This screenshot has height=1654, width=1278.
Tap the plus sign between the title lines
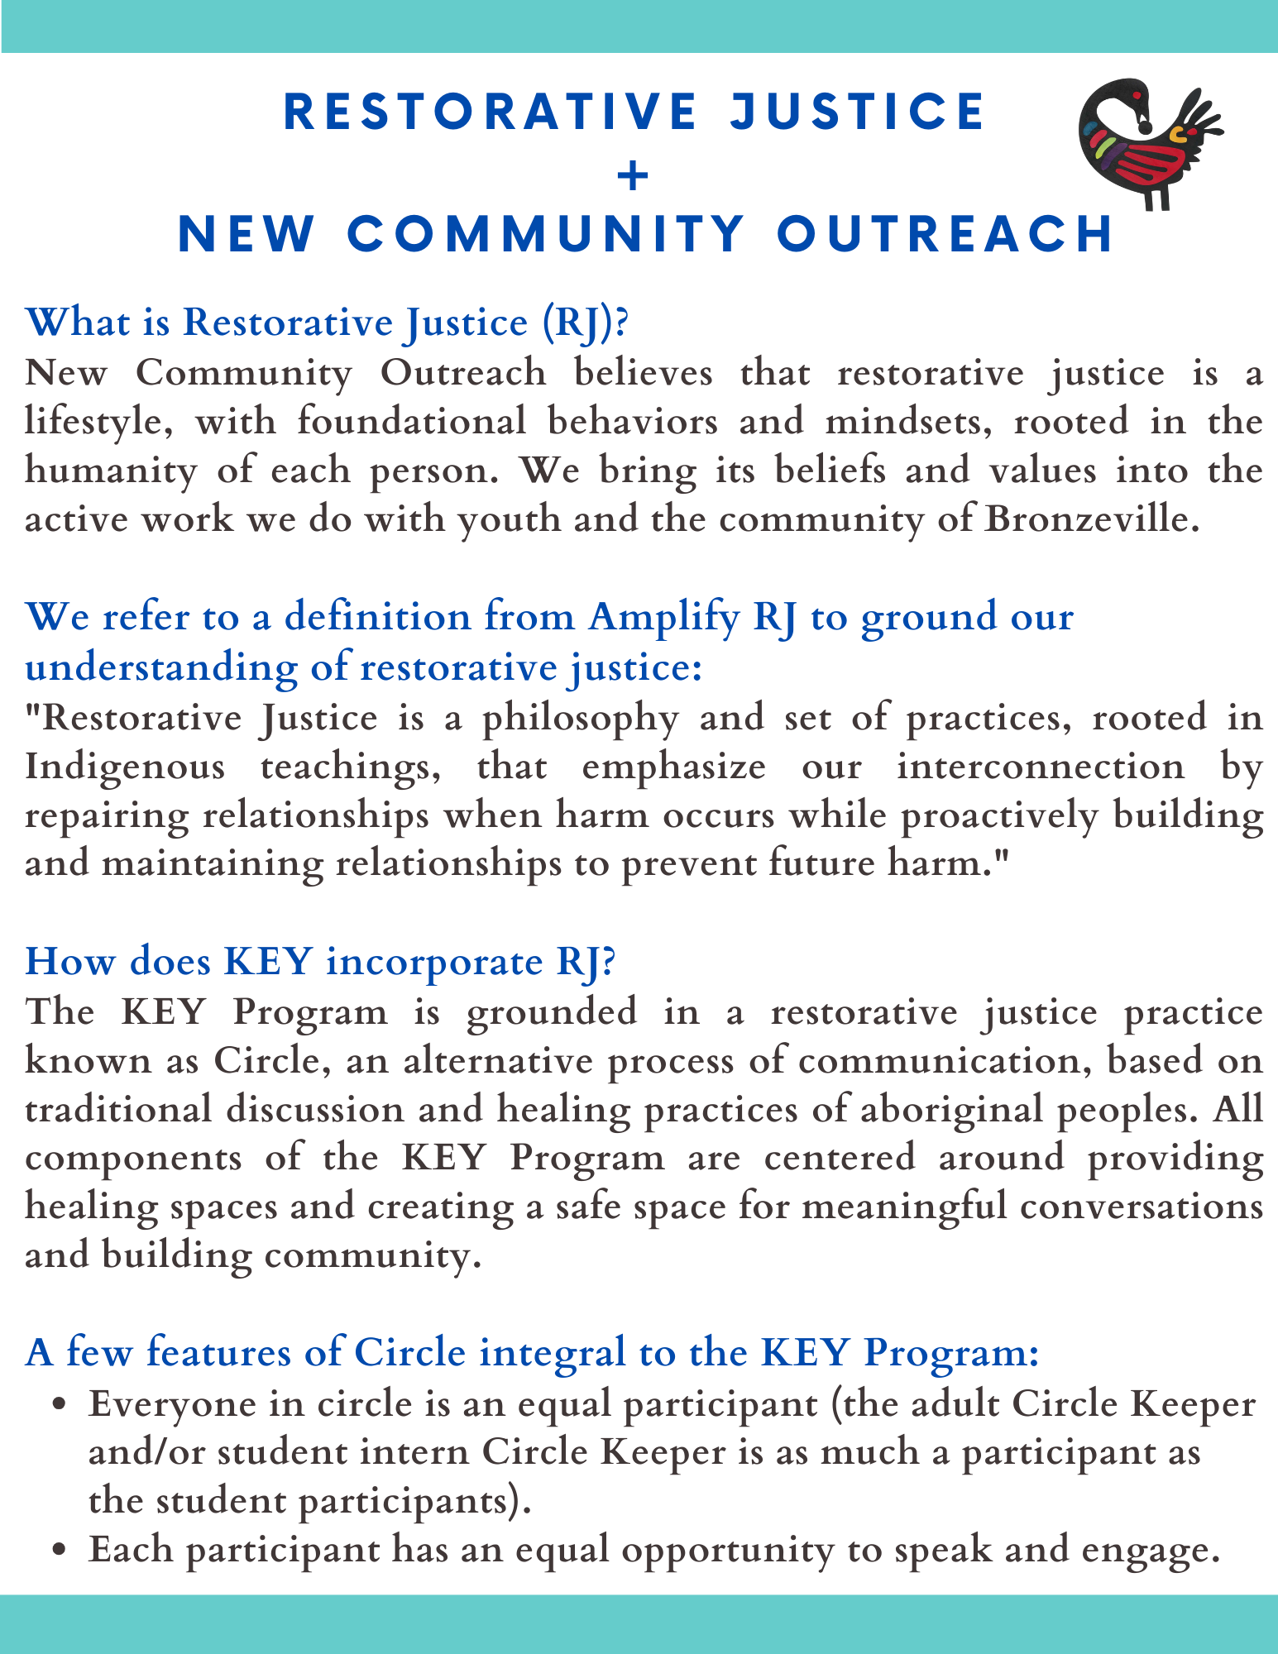(633, 175)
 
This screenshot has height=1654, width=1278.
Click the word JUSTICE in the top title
(857, 112)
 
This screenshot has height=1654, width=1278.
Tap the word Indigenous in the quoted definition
(125, 767)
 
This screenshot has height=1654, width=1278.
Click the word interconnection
(1041, 767)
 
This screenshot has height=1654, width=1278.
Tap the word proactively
(999, 815)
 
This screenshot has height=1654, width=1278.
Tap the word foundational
(411, 422)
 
